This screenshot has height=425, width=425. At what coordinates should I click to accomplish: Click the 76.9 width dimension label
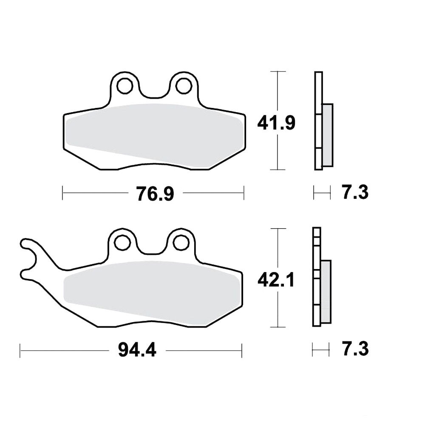point(156,193)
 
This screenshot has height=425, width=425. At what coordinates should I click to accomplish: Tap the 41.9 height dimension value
point(276,123)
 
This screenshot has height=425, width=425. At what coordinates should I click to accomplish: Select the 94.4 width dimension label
point(137,350)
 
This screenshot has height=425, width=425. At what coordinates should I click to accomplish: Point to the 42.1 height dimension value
point(276,280)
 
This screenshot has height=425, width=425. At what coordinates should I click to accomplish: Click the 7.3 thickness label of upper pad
point(355,192)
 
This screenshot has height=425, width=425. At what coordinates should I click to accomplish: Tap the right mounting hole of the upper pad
point(184,86)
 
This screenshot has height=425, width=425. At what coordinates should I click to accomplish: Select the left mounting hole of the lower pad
point(122,242)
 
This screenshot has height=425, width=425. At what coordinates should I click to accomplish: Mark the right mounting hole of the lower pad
point(181,242)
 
